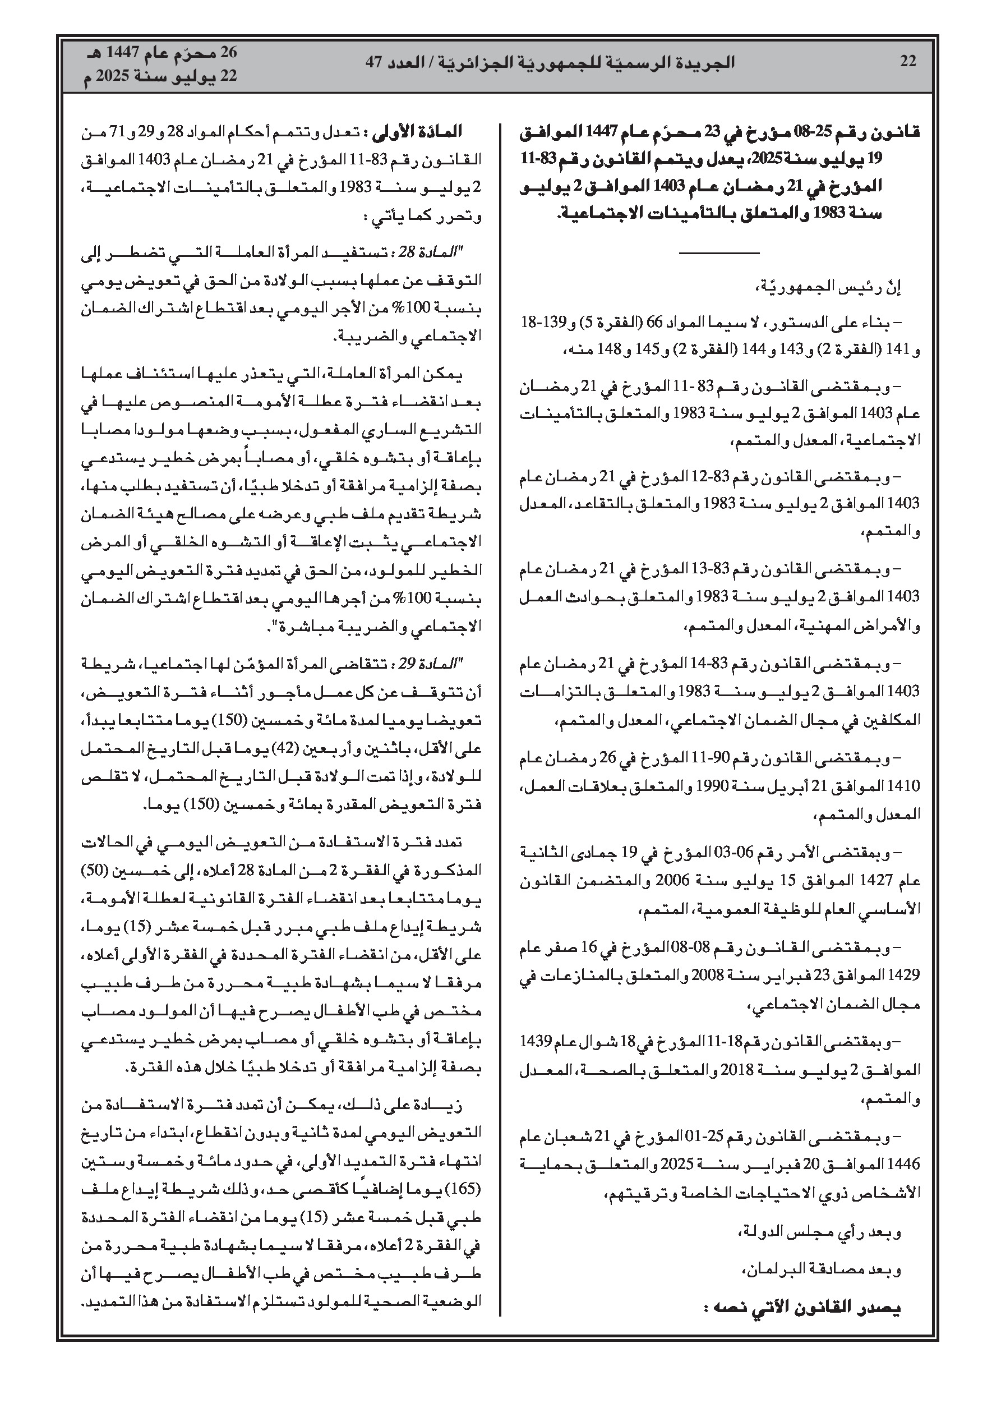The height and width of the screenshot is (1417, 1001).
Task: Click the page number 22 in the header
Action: pyautogui.click(x=908, y=62)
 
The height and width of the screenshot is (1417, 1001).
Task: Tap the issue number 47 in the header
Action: pyautogui.click(x=375, y=62)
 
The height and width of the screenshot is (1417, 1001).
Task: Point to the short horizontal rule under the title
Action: pyautogui.click(x=718, y=252)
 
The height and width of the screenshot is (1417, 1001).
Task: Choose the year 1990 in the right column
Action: pyautogui.click(x=717, y=786)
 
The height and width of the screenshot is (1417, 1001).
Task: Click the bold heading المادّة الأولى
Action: pyautogui.click(x=426, y=132)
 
